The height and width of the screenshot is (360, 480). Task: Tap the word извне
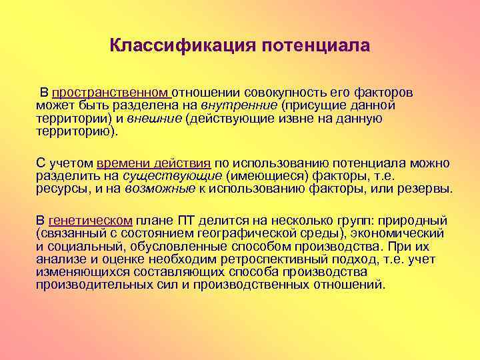pos(312,119)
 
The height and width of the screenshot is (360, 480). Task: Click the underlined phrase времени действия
pos(154,163)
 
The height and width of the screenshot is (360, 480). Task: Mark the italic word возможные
pos(164,189)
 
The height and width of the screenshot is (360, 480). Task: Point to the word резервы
pos(425,189)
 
